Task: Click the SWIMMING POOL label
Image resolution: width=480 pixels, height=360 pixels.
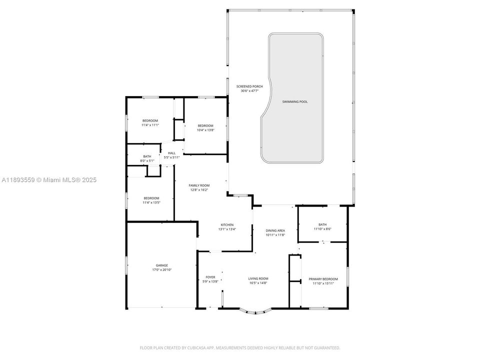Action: pyautogui.click(x=294, y=101)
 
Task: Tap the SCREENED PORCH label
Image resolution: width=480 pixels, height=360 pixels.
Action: pyautogui.click(x=249, y=86)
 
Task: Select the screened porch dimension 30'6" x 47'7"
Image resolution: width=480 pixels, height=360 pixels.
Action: pyautogui.click(x=249, y=91)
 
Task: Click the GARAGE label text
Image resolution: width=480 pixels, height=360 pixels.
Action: pyautogui.click(x=161, y=265)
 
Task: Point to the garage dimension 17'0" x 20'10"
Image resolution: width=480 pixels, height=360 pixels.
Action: pyautogui.click(x=161, y=270)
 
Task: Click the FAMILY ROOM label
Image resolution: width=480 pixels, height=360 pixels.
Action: pyautogui.click(x=199, y=185)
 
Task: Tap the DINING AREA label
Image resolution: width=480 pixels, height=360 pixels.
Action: pyautogui.click(x=275, y=230)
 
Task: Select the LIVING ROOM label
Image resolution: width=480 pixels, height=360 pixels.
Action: pyautogui.click(x=258, y=278)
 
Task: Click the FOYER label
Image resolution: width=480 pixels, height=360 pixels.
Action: pyautogui.click(x=210, y=277)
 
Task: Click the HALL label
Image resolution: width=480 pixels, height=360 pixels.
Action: pyautogui.click(x=171, y=153)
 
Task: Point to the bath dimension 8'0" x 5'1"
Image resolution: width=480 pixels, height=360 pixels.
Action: pyautogui.click(x=147, y=161)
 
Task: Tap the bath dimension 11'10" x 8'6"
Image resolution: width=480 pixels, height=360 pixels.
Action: pyautogui.click(x=322, y=229)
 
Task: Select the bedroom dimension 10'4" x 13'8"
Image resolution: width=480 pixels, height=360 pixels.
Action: pyautogui.click(x=205, y=130)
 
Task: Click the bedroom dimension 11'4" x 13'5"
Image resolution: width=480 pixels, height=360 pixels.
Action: pyautogui.click(x=151, y=202)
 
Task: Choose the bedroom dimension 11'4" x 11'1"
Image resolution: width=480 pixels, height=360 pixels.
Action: pyautogui.click(x=150, y=125)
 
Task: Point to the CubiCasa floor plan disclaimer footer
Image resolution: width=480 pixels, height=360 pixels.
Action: pyautogui.click(x=240, y=347)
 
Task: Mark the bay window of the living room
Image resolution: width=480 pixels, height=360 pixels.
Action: pyautogui.click(x=255, y=312)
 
